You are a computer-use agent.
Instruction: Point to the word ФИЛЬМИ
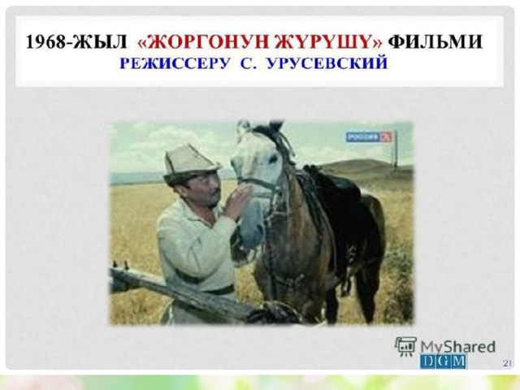[x=435, y=42]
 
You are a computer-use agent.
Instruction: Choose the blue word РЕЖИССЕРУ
[x=174, y=63]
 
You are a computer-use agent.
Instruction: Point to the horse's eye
[x=273, y=159]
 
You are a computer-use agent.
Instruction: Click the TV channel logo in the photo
[x=369, y=137]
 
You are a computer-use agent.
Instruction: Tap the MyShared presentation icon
[x=405, y=347]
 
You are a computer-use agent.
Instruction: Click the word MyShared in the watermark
[x=458, y=347]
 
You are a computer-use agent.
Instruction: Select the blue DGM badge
[x=443, y=362]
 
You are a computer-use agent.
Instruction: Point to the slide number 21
[x=507, y=363]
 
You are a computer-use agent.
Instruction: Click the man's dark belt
[x=212, y=288]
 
